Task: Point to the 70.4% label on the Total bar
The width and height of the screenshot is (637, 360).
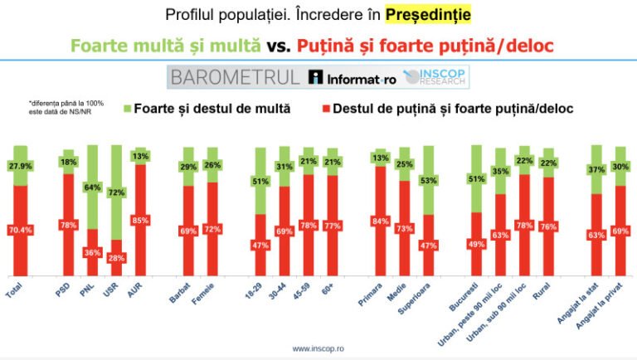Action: (x=20, y=231)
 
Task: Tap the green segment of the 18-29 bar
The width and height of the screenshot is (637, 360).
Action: (x=260, y=181)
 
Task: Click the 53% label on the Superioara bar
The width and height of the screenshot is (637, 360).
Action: (x=429, y=180)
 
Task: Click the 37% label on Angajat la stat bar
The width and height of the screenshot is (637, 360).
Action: (x=596, y=170)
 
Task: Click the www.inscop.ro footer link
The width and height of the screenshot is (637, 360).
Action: (x=318, y=349)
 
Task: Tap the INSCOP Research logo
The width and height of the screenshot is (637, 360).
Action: (x=435, y=78)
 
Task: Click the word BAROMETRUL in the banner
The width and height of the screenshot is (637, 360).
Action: (x=235, y=78)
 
